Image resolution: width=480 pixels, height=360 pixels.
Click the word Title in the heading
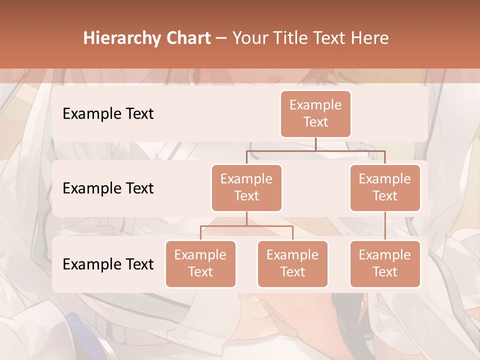[289, 38]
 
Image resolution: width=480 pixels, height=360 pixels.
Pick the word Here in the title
[370, 38]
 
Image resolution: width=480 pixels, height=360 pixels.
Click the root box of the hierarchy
[315, 113]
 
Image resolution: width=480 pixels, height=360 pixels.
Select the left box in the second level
[246, 187]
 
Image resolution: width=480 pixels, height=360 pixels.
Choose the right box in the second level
[385, 187]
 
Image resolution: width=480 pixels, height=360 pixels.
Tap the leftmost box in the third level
[200, 263]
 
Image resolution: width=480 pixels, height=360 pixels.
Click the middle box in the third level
[292, 263]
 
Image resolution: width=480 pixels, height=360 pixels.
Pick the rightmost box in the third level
[385, 263]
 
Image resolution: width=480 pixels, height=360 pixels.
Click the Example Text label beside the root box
[108, 114]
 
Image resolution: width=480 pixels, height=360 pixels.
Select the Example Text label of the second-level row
[108, 188]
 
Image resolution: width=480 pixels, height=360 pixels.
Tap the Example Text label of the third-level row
[108, 264]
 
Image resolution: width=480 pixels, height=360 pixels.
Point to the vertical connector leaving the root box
[315, 144]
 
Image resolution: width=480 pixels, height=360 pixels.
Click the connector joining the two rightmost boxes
[385, 226]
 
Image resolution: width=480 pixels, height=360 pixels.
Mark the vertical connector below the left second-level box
[246, 218]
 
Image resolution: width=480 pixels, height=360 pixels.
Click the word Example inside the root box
[315, 105]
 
